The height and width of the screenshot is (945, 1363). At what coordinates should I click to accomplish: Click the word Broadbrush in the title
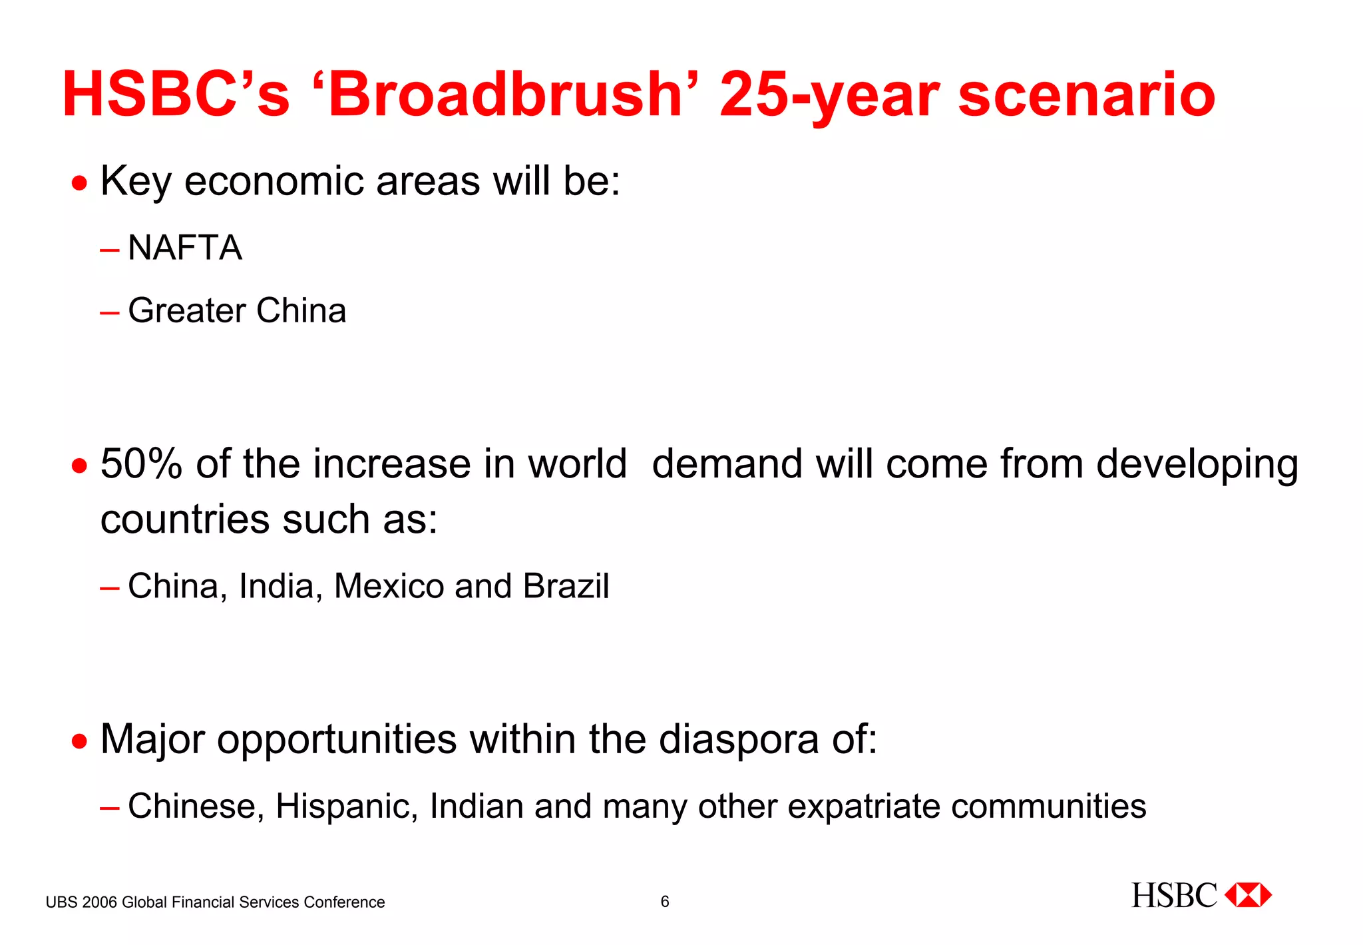(506, 95)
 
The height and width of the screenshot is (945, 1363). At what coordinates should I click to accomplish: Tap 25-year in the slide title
(829, 95)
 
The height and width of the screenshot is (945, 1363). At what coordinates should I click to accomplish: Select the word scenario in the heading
(1086, 95)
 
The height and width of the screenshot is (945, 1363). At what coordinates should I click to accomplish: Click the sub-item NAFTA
(184, 248)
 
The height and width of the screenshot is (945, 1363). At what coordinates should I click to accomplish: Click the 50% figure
(141, 464)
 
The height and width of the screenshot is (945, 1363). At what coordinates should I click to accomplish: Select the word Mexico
(389, 586)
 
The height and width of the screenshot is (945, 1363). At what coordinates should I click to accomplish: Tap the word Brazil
(566, 586)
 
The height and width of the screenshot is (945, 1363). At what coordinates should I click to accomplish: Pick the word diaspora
(739, 739)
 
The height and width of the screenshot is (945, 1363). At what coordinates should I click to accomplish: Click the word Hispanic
(346, 806)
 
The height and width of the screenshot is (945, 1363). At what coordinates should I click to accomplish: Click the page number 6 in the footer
(664, 902)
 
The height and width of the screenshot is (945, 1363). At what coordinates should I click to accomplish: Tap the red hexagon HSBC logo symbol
(1248, 895)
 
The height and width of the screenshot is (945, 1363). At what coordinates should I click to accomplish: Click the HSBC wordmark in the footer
(1174, 896)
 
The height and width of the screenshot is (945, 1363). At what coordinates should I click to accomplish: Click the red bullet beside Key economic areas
(80, 182)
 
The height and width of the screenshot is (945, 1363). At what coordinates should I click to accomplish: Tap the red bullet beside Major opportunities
(80, 741)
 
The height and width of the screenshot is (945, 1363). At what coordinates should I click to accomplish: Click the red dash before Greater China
(110, 312)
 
